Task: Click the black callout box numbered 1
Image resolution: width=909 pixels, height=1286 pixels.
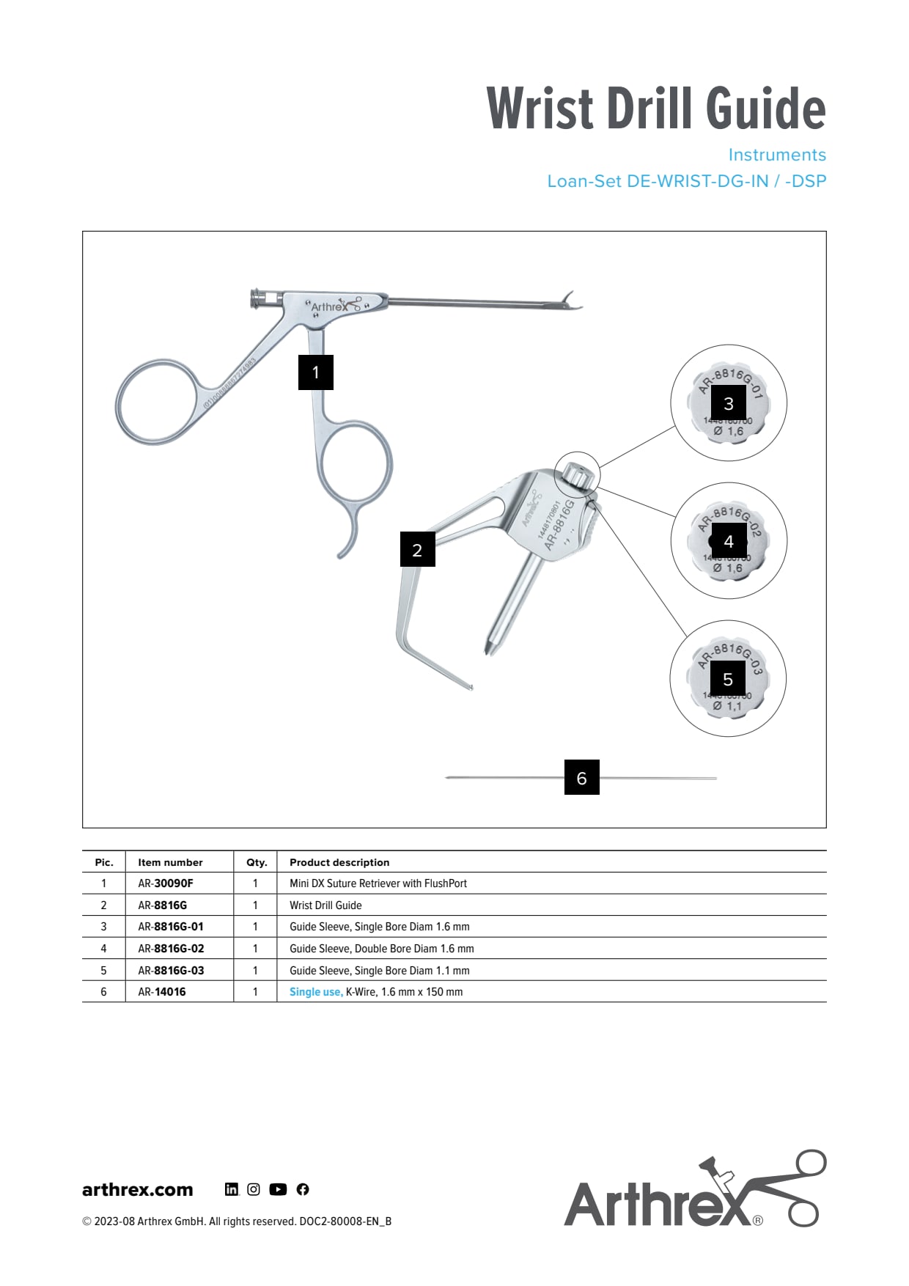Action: (316, 372)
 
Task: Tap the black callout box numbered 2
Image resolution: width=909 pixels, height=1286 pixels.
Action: (417, 550)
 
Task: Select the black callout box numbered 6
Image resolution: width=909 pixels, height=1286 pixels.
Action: (581, 778)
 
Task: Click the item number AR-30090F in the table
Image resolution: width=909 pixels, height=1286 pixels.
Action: (166, 883)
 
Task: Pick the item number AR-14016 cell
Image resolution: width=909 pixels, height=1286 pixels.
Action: (162, 992)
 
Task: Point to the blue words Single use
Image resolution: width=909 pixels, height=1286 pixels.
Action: (315, 992)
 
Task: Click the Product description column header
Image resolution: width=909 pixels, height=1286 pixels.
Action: (339, 862)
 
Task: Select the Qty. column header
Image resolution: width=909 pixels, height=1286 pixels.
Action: (257, 862)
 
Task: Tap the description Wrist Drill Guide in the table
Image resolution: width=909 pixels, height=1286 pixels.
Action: (325, 905)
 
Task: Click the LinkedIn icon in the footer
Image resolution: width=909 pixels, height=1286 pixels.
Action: (232, 1189)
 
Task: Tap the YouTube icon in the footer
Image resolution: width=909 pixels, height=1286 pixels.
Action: (278, 1189)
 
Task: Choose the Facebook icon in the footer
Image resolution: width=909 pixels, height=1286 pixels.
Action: (303, 1189)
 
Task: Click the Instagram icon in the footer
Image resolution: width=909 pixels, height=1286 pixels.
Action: (254, 1189)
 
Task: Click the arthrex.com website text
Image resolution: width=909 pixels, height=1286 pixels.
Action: (138, 1189)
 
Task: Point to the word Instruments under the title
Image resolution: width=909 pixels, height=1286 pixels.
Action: (777, 155)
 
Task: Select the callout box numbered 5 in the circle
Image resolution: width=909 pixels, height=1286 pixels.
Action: (728, 680)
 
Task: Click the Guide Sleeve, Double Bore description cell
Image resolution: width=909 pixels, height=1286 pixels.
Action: (381, 949)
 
